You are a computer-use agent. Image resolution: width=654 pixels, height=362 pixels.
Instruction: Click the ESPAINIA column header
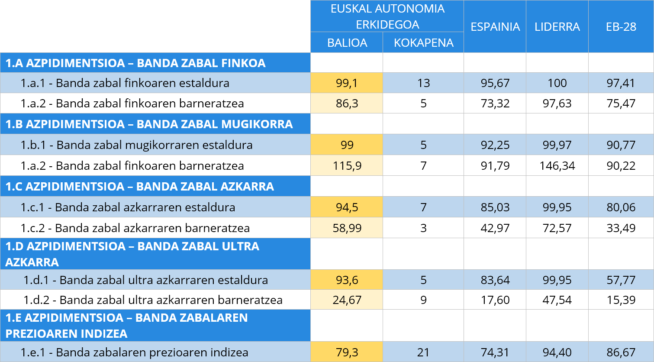(x=495, y=27)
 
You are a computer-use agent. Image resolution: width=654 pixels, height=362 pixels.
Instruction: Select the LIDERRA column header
(x=557, y=27)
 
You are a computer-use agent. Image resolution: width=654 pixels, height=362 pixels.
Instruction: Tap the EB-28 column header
(x=621, y=27)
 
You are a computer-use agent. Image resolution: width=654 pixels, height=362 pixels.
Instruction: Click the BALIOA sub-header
(x=347, y=43)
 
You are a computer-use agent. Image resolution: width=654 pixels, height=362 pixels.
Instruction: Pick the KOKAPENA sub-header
(x=423, y=43)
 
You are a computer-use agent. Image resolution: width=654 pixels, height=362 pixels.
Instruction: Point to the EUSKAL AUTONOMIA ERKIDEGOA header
(x=387, y=16)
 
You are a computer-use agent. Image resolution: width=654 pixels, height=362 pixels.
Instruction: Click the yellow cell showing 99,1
(x=347, y=83)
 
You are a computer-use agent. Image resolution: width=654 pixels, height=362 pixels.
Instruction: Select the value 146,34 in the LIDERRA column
(x=557, y=165)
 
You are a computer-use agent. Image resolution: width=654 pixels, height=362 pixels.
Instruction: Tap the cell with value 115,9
(x=347, y=165)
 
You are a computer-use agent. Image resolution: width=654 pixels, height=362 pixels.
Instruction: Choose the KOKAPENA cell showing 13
(x=423, y=83)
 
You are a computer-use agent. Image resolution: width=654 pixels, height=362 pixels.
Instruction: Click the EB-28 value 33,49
(x=621, y=228)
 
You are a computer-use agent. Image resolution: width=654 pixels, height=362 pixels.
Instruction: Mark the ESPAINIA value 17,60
(x=495, y=300)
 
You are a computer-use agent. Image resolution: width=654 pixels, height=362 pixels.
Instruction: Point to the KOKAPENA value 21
(x=423, y=352)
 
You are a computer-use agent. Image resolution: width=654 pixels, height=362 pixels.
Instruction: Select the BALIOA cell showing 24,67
(x=347, y=300)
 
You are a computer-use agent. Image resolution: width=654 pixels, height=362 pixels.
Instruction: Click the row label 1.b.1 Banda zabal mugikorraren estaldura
(x=136, y=145)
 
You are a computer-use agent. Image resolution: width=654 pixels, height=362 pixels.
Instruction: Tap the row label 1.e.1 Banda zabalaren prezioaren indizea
(x=134, y=352)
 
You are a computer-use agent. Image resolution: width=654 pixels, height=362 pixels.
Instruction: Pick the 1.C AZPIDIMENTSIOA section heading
(x=139, y=186)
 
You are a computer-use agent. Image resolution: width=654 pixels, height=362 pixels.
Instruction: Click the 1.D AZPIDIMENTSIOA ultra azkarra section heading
(x=132, y=254)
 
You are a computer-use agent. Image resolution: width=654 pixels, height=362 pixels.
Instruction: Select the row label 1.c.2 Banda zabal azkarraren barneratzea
(x=135, y=228)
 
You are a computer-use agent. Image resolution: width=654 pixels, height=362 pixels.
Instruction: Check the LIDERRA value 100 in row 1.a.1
(x=557, y=83)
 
